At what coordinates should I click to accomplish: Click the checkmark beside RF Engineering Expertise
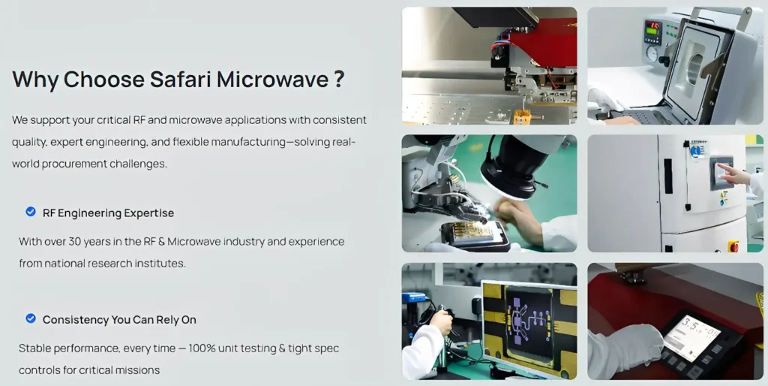tap(30, 211)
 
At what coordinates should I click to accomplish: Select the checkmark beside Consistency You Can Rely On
tap(30, 318)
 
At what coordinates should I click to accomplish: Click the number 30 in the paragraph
tap(74, 241)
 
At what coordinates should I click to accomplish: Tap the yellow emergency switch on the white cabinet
tap(733, 246)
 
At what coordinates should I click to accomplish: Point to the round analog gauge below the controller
tap(652, 53)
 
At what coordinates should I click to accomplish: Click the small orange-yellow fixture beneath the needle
tap(522, 116)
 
